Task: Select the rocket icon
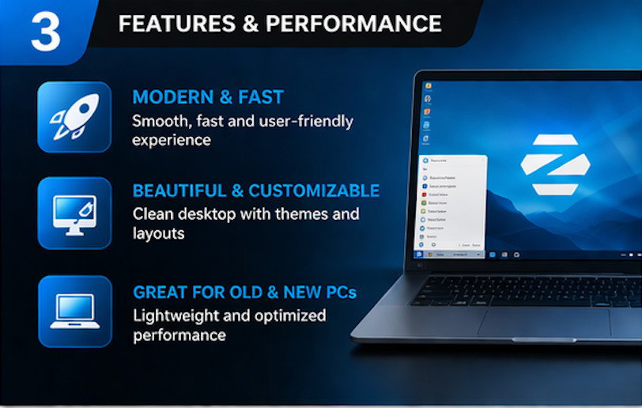click(x=74, y=116)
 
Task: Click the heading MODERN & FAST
click(x=208, y=97)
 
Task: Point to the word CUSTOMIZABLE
click(x=314, y=191)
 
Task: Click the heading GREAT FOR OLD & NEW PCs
click(x=244, y=293)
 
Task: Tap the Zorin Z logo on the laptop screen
click(x=555, y=164)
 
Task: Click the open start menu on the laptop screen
click(x=451, y=203)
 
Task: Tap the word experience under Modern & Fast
click(x=172, y=140)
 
